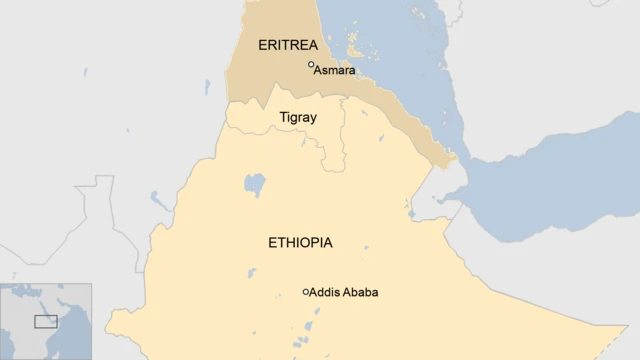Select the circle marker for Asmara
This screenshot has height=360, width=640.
pyautogui.click(x=311, y=65)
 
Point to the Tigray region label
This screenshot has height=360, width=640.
pyautogui.click(x=297, y=118)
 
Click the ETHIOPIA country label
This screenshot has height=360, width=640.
pyautogui.click(x=300, y=243)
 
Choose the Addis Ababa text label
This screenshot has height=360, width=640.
pyautogui.click(x=344, y=293)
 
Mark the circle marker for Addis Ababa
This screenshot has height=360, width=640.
pyautogui.click(x=306, y=292)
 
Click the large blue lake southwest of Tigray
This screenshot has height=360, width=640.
pyautogui.click(x=255, y=184)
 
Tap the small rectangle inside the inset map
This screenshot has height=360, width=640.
pyautogui.click(x=46, y=321)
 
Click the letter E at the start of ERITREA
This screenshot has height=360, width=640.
pyautogui.click(x=263, y=45)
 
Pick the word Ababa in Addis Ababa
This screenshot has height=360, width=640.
pyautogui.click(x=361, y=293)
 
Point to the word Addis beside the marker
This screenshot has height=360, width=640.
pyautogui.click(x=325, y=293)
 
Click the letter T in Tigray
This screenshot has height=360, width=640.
pyautogui.click(x=282, y=118)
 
